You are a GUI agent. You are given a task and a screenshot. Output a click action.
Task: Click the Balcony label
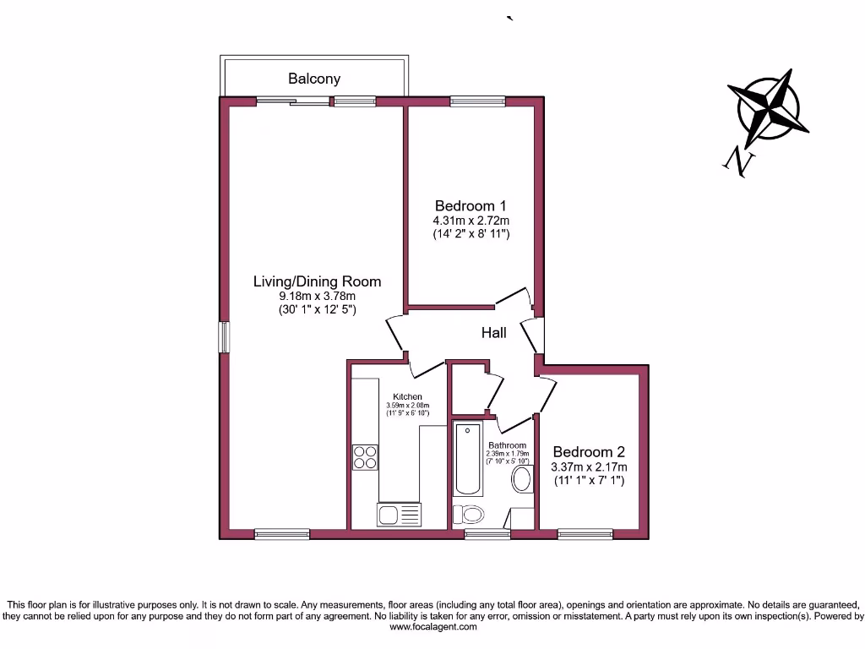click(314, 79)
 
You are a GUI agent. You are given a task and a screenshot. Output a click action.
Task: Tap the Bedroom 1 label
click(471, 205)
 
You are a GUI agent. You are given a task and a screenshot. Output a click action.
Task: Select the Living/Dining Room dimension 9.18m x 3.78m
click(318, 297)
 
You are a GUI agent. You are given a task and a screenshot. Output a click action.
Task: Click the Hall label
click(494, 333)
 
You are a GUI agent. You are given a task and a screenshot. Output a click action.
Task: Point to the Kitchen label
click(407, 396)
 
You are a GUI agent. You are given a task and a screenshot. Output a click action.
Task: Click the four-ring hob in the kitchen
click(366, 456)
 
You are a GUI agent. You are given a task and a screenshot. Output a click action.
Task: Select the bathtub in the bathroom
click(467, 461)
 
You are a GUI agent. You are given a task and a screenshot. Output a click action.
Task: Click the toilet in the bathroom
click(468, 514)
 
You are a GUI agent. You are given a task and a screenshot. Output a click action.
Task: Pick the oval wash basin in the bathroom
click(522, 480)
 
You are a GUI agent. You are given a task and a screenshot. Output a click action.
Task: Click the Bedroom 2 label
click(589, 450)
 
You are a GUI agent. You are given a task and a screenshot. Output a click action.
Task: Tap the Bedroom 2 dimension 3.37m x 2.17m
click(589, 466)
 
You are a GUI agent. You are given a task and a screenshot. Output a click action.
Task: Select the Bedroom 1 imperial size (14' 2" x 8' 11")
click(471, 233)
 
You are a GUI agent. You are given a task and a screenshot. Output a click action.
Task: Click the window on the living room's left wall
click(224, 336)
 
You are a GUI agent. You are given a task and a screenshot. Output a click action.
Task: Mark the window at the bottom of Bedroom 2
click(585, 534)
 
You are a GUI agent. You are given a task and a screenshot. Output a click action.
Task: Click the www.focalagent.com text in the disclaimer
click(432, 627)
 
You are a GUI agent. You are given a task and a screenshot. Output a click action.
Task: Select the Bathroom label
click(507, 445)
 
